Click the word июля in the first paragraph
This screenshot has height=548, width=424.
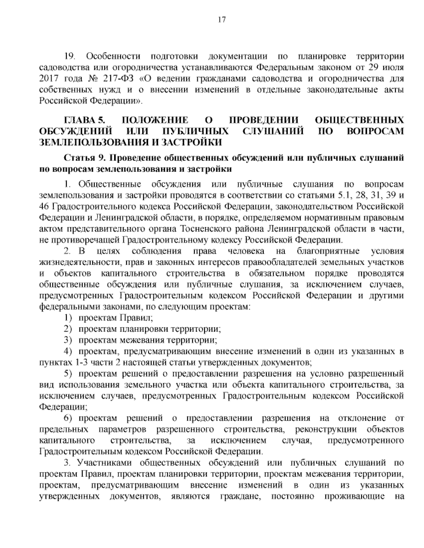click(x=393, y=67)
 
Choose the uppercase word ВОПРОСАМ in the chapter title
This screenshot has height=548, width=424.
click(x=375, y=131)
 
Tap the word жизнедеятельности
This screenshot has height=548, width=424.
click(x=75, y=262)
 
